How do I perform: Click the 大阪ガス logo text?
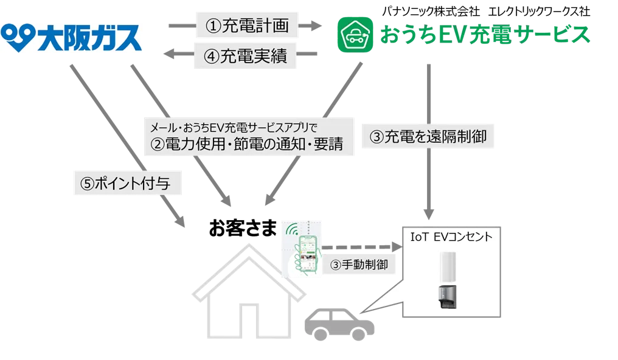91,36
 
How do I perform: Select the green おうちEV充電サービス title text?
484,35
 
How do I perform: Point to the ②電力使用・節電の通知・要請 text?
248,144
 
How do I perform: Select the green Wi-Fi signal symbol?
291,233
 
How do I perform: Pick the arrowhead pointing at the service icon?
316,25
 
